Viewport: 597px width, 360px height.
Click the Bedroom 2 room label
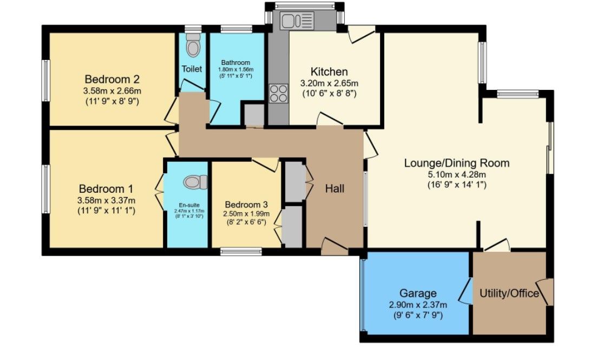(x=113, y=78)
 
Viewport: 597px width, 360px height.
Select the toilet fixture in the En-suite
(x=195, y=182)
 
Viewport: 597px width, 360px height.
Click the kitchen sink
(x=297, y=21)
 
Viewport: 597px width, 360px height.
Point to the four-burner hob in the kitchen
(x=278, y=94)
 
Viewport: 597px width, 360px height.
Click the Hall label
(x=334, y=189)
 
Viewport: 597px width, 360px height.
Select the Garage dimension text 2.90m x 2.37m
(x=418, y=305)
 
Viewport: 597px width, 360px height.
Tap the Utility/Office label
(x=509, y=293)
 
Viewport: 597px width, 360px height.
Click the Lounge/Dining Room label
(x=457, y=163)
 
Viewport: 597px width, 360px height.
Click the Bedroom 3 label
(x=246, y=205)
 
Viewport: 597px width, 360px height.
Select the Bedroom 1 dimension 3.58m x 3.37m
(x=106, y=201)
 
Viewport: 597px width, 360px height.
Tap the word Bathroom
(x=235, y=63)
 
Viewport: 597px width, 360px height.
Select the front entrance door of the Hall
(x=334, y=248)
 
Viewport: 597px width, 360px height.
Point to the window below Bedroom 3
(x=241, y=251)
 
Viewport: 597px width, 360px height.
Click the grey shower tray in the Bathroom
(x=253, y=115)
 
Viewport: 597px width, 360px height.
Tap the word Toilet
(x=192, y=69)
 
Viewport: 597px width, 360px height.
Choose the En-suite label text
(x=187, y=205)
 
